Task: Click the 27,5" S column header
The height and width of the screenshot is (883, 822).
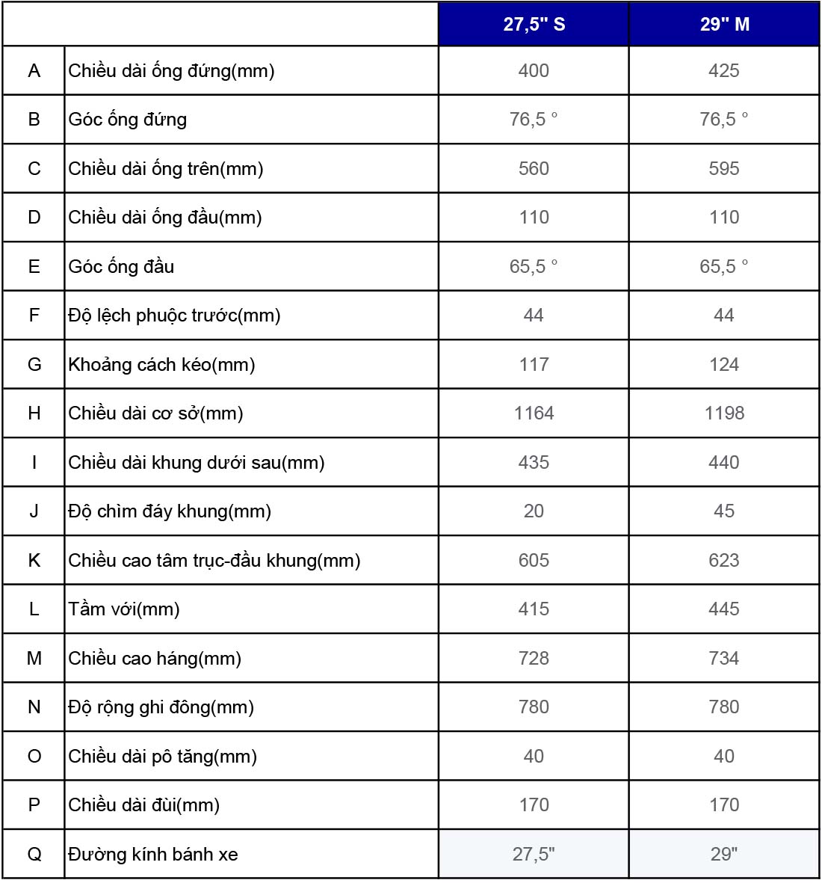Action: pyautogui.click(x=534, y=25)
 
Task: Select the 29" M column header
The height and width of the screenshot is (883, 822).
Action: pyautogui.click(x=724, y=25)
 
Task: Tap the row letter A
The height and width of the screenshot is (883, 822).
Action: pyautogui.click(x=34, y=71)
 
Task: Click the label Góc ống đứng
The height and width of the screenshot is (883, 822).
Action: pyautogui.click(x=128, y=120)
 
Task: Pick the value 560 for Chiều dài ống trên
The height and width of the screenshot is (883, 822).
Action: pyautogui.click(x=534, y=169)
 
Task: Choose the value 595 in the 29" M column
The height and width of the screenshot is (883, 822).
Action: pyautogui.click(x=724, y=169)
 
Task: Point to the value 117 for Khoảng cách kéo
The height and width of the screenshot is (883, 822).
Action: pyautogui.click(x=534, y=365)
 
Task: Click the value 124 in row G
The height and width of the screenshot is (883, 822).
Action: pyautogui.click(x=724, y=365)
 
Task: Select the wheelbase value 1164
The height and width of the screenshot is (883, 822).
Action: pyautogui.click(x=534, y=413)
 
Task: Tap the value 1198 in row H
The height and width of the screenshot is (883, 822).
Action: pyautogui.click(x=724, y=413)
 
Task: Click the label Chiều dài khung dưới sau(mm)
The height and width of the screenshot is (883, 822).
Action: pyautogui.click(x=197, y=463)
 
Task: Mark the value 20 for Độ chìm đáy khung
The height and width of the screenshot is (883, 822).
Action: pyautogui.click(x=534, y=511)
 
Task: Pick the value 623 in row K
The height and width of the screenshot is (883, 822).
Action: pyautogui.click(x=724, y=561)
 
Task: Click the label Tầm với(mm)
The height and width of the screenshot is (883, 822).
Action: pyautogui.click(x=124, y=609)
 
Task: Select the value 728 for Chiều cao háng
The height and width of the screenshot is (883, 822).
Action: pyautogui.click(x=534, y=659)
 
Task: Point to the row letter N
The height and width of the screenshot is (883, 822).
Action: pyautogui.click(x=34, y=707)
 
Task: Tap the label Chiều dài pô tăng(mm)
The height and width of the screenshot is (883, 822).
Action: pyautogui.click(x=163, y=757)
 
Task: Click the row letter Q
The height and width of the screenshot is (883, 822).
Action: pyautogui.click(x=34, y=855)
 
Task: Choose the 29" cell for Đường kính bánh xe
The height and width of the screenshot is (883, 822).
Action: pyautogui.click(x=724, y=855)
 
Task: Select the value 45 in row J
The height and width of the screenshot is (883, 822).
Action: pyautogui.click(x=724, y=511)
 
